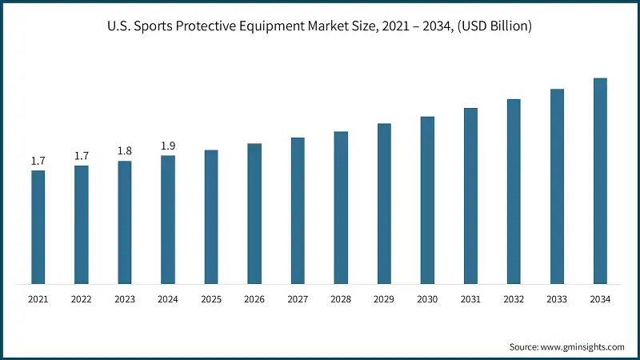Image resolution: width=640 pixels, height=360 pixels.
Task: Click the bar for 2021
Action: (38, 227)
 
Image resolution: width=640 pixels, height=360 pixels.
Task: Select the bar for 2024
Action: (168, 220)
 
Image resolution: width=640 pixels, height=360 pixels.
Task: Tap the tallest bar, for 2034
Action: (600, 181)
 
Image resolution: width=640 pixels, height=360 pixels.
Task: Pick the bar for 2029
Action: (384, 204)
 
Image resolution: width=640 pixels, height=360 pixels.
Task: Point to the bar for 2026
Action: (254, 214)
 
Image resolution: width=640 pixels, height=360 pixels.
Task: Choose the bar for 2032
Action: (514, 192)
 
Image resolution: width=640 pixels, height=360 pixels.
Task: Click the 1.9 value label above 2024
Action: (168, 146)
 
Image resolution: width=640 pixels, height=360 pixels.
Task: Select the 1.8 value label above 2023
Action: (125, 151)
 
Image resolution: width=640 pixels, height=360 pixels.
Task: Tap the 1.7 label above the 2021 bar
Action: (38, 161)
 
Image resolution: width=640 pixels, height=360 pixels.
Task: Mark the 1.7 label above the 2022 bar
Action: (82, 156)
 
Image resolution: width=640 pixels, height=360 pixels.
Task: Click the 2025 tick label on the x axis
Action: (211, 299)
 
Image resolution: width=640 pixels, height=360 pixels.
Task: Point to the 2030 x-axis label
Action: (427, 299)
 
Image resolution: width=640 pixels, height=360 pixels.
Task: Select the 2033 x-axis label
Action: (557, 299)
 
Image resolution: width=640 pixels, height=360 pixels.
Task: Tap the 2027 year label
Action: (298, 299)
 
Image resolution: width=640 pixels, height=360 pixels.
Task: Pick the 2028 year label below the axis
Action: (341, 299)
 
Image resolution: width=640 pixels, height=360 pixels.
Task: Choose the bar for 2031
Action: (470, 196)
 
